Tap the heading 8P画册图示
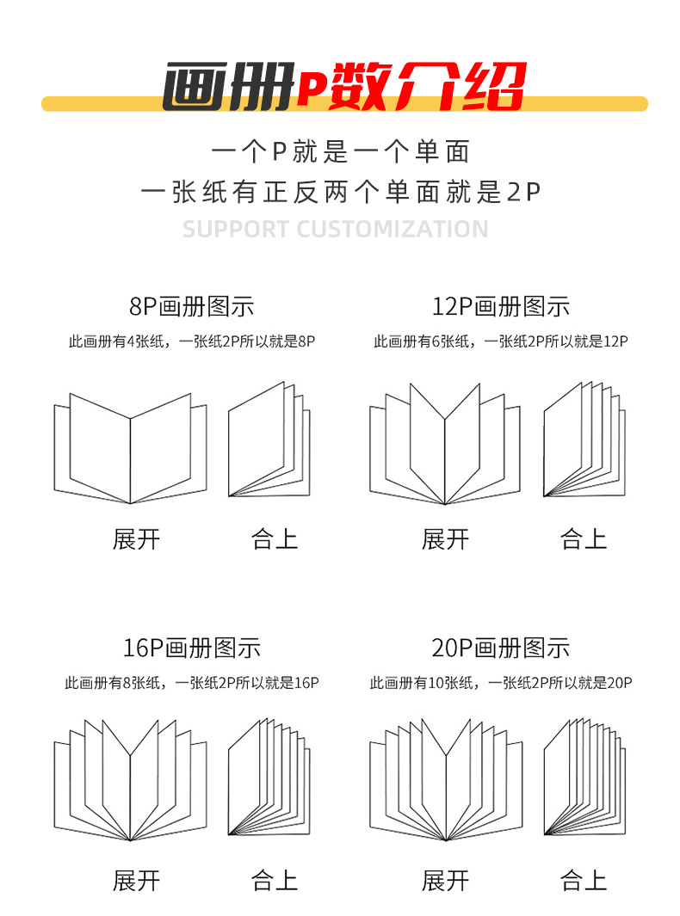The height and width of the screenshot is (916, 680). pos(192,306)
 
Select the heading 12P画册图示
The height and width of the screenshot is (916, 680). pos(500,306)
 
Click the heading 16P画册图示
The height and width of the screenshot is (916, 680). pos(192,648)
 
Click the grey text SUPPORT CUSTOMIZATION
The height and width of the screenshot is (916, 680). pos(336,230)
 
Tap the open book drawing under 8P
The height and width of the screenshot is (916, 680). pos(131,448)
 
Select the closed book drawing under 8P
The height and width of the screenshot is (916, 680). pos(269,440)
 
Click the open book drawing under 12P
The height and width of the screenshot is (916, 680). pos(445,445)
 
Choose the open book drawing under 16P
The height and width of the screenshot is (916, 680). pos(131,780)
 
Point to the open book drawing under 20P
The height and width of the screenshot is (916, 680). pos(446,780)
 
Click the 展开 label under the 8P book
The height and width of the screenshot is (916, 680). pos(137,539)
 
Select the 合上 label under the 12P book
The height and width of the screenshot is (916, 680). pos(584,539)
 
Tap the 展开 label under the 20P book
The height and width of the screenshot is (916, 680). pos(445,881)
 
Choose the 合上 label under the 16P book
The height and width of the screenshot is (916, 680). pos(275,881)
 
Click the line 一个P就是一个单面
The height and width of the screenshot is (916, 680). pos(341,152)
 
